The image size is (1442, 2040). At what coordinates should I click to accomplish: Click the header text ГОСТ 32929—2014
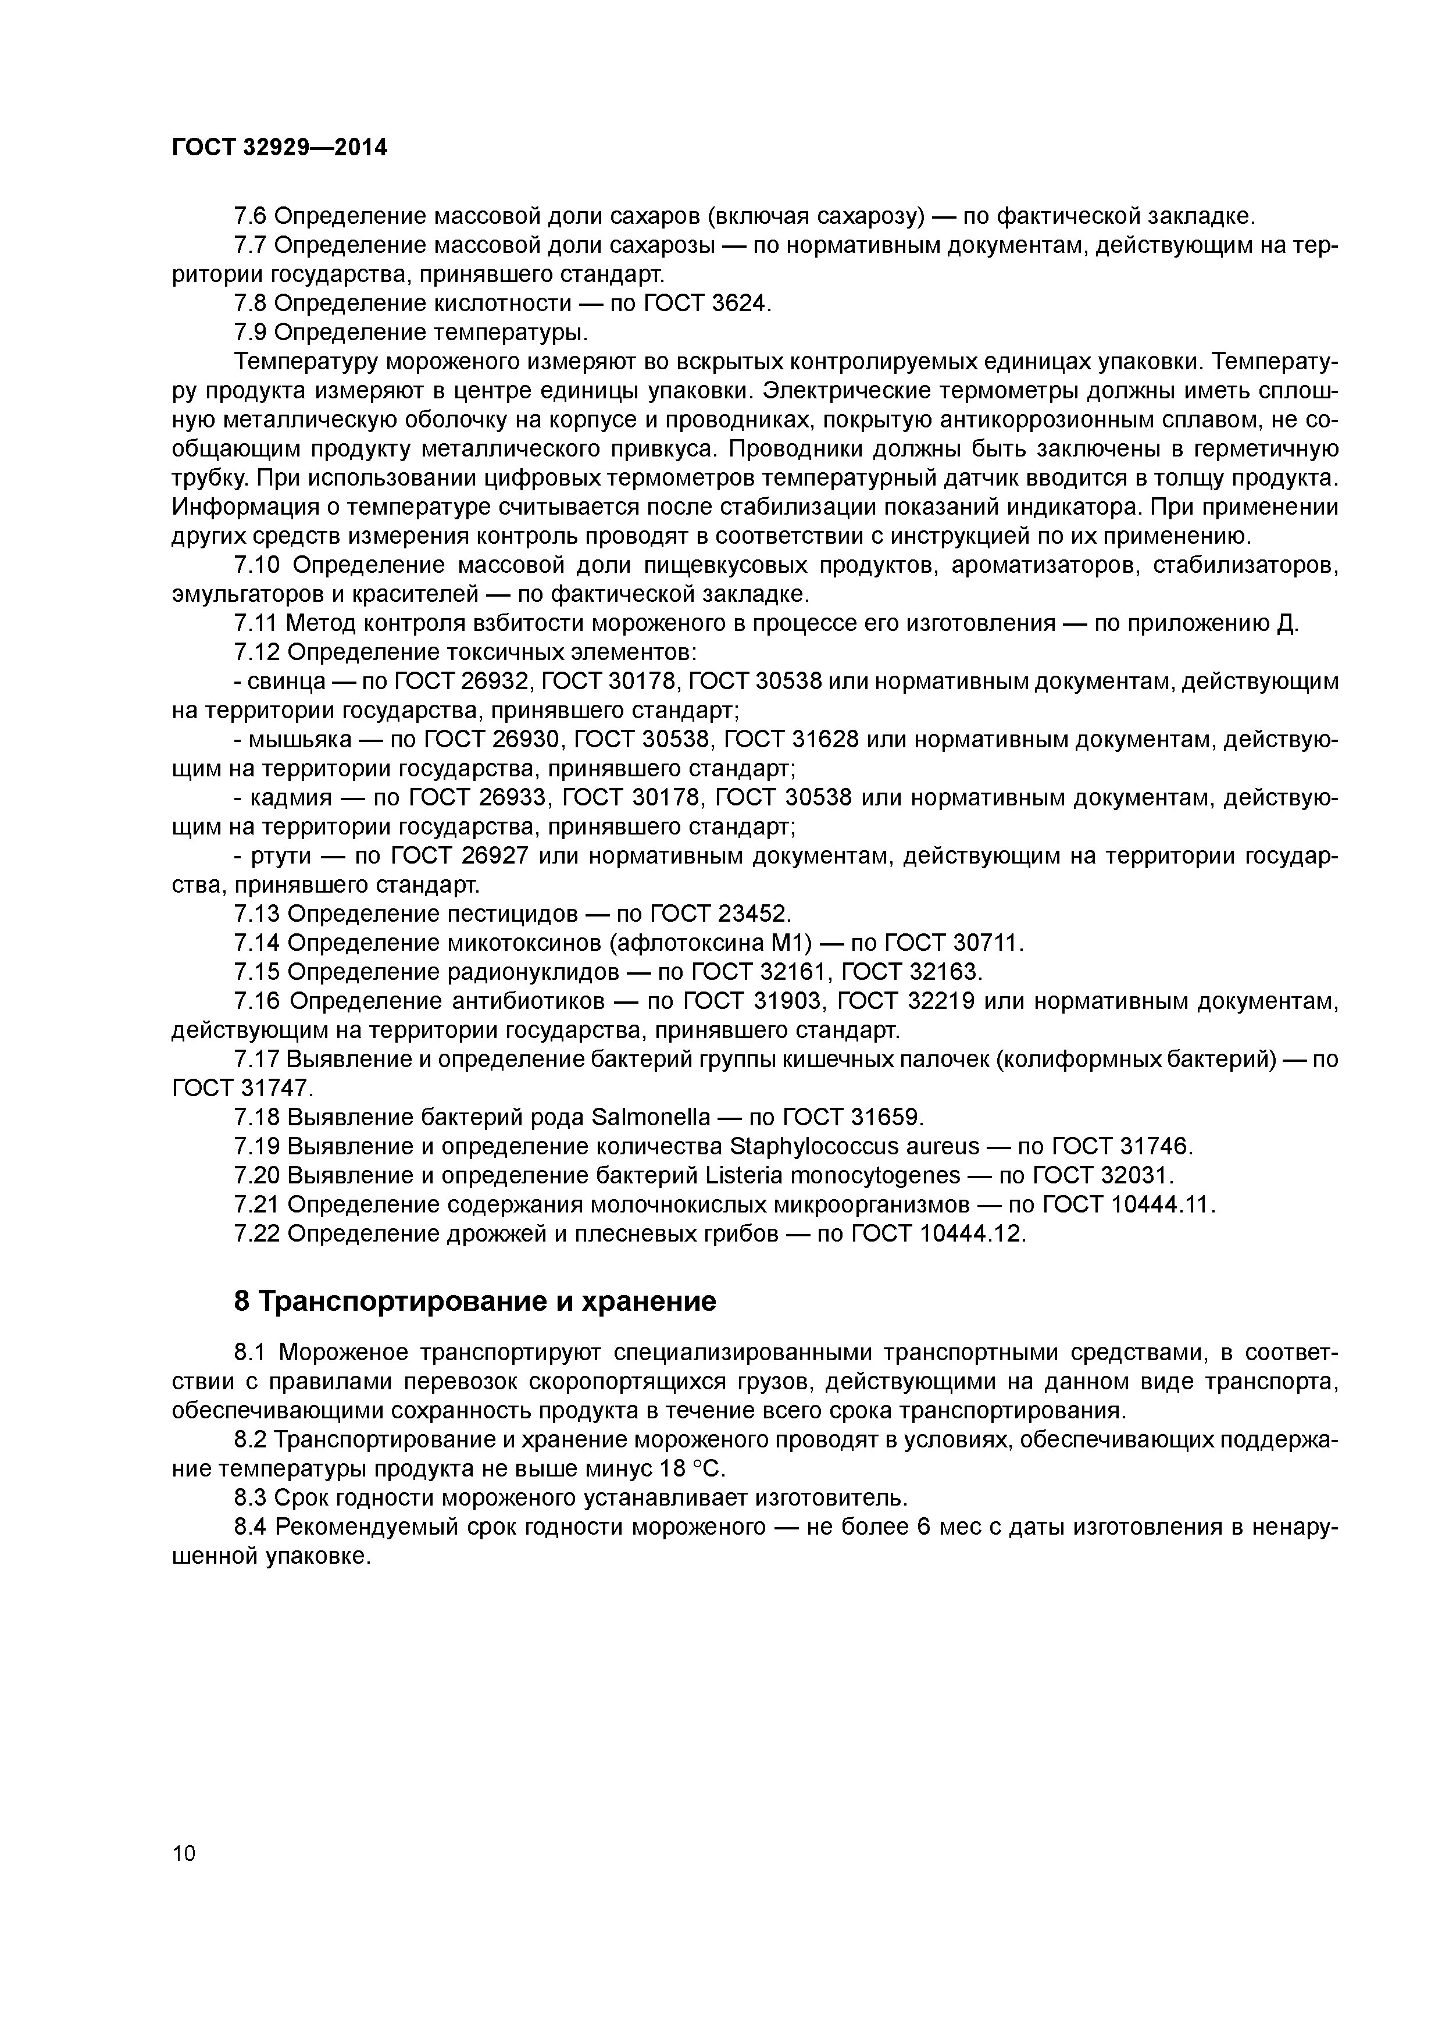point(280,148)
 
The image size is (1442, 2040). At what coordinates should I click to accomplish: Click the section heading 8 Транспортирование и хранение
point(474,1301)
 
